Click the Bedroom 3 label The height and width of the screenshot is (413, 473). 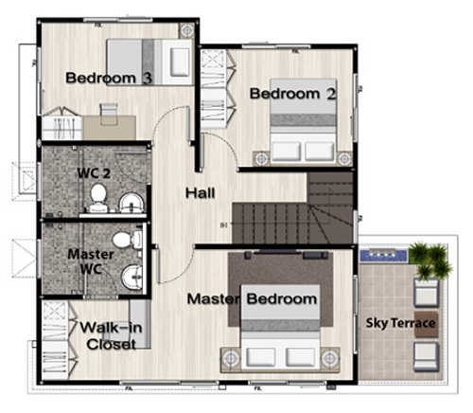109,78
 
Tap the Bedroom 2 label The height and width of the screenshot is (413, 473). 293,94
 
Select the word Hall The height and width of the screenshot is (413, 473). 201,193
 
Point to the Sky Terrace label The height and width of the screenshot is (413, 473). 400,323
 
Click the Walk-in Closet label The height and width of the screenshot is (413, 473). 111,336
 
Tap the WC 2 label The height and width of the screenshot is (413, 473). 94,173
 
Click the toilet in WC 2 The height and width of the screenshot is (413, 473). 98,198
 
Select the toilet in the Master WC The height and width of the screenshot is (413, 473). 127,240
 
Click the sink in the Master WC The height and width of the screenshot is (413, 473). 132,277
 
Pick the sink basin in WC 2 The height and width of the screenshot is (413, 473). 131,203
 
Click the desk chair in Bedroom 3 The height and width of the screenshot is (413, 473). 109,113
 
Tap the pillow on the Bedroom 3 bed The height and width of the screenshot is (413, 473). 180,63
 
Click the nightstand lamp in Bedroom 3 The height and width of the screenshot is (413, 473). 187,30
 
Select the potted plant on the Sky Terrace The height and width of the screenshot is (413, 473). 430,260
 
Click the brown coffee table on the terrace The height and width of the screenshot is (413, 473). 426,324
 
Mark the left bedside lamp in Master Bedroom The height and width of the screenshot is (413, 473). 232,358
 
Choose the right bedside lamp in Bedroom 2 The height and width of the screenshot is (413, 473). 344,157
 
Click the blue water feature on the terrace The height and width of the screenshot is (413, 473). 384,255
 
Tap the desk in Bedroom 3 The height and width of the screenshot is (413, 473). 110,128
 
